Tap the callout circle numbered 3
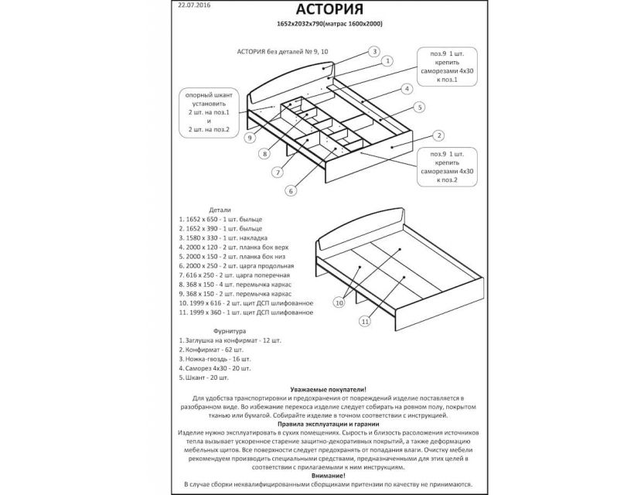click(373, 52)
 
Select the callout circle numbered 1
click(387, 60)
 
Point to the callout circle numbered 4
click(405, 88)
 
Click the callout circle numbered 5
click(419, 108)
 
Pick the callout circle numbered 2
click(438, 137)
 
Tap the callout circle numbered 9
click(250, 138)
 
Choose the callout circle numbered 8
click(265, 155)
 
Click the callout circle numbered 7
click(277, 172)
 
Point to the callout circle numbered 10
click(339, 303)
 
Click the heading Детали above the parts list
click(220, 210)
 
